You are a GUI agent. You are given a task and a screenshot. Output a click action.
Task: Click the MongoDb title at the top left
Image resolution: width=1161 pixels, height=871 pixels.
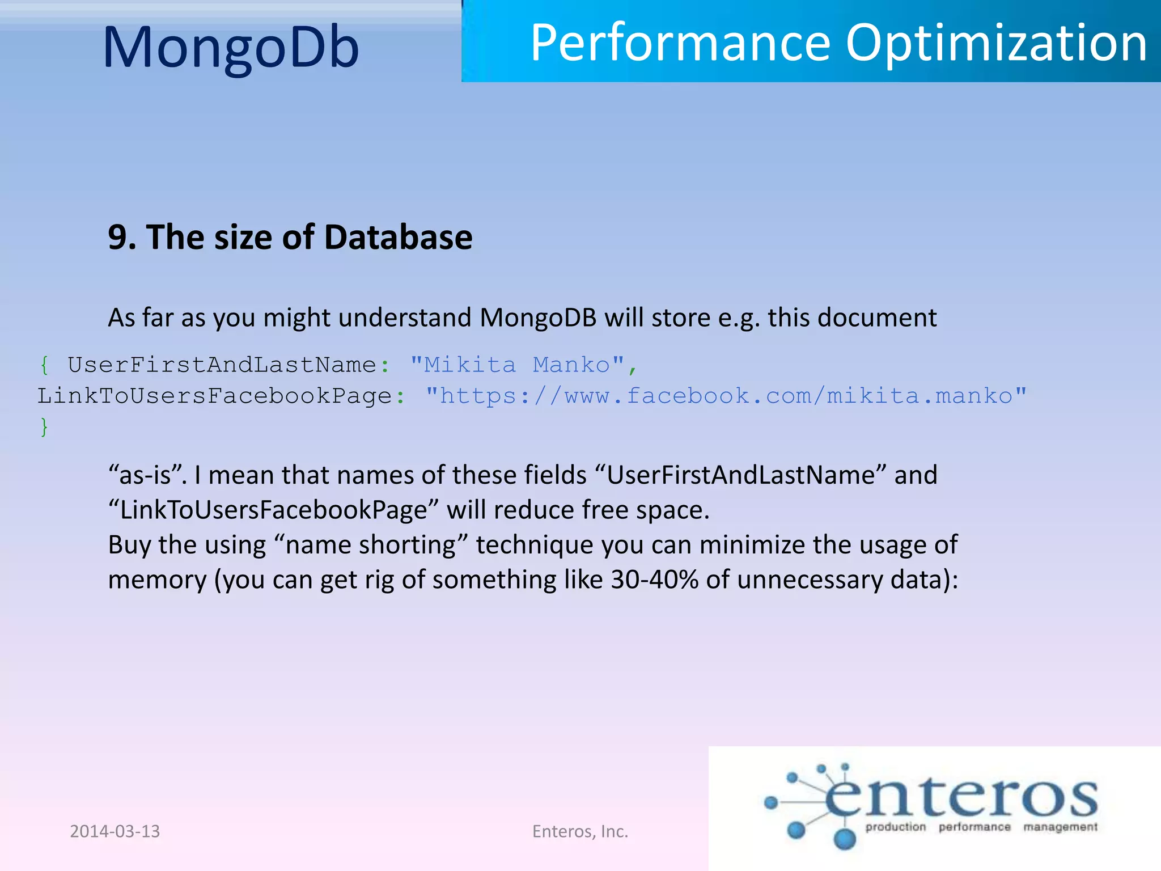pyautogui.click(x=231, y=48)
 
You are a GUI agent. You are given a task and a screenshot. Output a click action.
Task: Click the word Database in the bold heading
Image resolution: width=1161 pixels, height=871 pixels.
pyautogui.click(x=398, y=237)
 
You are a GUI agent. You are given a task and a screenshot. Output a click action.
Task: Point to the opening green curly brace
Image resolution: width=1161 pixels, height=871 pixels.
pyautogui.click(x=44, y=365)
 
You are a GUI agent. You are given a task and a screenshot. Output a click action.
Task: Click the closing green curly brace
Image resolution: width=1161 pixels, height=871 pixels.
pyautogui.click(x=44, y=426)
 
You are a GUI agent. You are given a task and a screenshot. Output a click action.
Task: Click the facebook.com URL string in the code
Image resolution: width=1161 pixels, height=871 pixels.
pyautogui.click(x=726, y=396)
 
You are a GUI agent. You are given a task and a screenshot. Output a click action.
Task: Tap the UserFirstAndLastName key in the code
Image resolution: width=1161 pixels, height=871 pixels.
pyautogui.click(x=222, y=365)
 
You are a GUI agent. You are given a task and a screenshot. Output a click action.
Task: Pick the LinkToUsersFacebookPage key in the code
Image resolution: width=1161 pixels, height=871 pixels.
pyautogui.click(x=214, y=396)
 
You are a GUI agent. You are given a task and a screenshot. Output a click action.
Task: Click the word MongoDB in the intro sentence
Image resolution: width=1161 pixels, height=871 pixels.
pyautogui.click(x=537, y=318)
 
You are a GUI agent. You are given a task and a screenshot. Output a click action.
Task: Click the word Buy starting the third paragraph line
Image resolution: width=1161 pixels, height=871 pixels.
pyautogui.click(x=129, y=546)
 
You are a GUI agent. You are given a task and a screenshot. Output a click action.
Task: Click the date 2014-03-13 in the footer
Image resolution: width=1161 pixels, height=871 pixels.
pyautogui.click(x=115, y=831)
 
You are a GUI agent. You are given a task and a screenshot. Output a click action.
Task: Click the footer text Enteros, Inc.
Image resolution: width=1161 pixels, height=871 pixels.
pyautogui.click(x=580, y=831)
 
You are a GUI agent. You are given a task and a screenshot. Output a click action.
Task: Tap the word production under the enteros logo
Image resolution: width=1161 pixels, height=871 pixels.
pyautogui.click(x=895, y=827)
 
